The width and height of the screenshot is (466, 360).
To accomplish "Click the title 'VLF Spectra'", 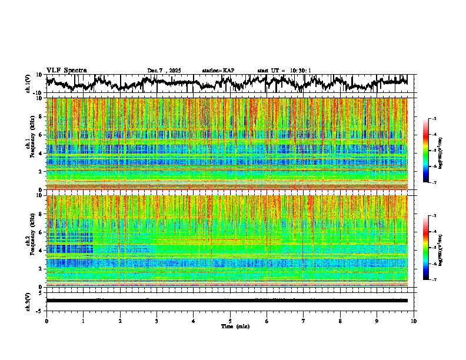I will [x=66, y=70].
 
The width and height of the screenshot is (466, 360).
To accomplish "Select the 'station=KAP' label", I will [x=218, y=71].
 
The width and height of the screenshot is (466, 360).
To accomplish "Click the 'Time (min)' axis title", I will [x=230, y=326].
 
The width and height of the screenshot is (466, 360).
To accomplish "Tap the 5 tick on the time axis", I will [x=230, y=321].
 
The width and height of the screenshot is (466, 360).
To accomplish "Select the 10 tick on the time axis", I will [x=414, y=321].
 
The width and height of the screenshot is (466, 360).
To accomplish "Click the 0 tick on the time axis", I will [x=46, y=321].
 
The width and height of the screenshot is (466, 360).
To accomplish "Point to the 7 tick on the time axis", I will [x=304, y=321].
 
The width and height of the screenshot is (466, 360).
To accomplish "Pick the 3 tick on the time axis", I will [x=157, y=321].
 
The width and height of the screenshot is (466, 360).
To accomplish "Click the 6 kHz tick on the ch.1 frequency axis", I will [x=42, y=135].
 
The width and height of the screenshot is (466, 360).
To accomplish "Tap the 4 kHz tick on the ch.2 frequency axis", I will [x=42, y=250].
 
